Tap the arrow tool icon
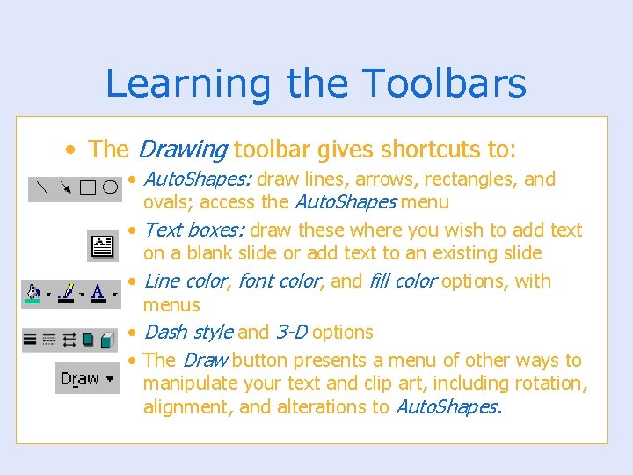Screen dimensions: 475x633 (x=66, y=187)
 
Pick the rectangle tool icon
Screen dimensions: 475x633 (x=88, y=187)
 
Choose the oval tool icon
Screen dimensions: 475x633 (x=109, y=187)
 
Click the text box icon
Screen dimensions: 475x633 (x=104, y=245)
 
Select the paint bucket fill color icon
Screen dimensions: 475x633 (x=34, y=293)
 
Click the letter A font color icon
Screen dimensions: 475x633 (x=98, y=293)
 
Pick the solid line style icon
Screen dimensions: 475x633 (x=31, y=339)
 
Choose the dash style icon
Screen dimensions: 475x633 (x=49, y=339)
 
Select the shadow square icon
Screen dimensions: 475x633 (x=87, y=339)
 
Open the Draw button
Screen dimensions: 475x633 (x=86, y=378)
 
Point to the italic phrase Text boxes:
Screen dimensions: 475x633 (x=193, y=230)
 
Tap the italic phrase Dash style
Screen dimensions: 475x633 (x=187, y=332)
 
